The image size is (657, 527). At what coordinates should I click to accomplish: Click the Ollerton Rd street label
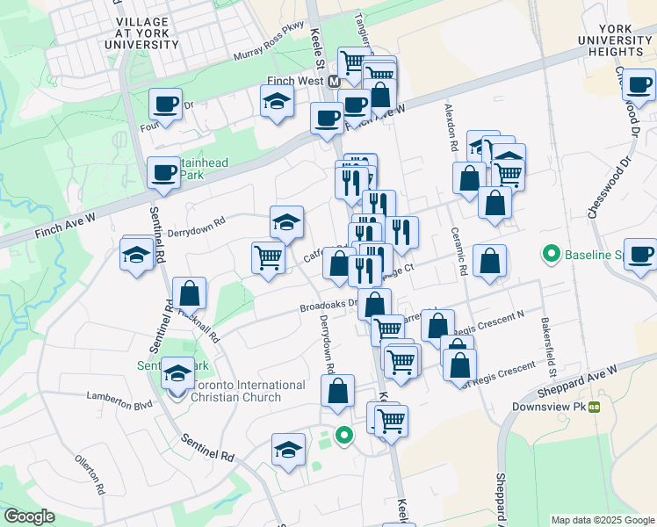tap(90, 474)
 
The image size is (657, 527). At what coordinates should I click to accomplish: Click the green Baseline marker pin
tap(552, 256)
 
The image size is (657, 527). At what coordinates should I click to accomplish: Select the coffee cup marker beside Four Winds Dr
tap(165, 105)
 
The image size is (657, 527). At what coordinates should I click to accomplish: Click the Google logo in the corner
tap(28, 517)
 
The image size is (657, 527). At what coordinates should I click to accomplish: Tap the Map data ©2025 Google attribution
tap(602, 520)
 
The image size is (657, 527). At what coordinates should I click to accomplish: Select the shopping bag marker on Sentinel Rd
tap(189, 293)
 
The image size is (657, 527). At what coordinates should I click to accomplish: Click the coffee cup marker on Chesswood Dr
tap(639, 86)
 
